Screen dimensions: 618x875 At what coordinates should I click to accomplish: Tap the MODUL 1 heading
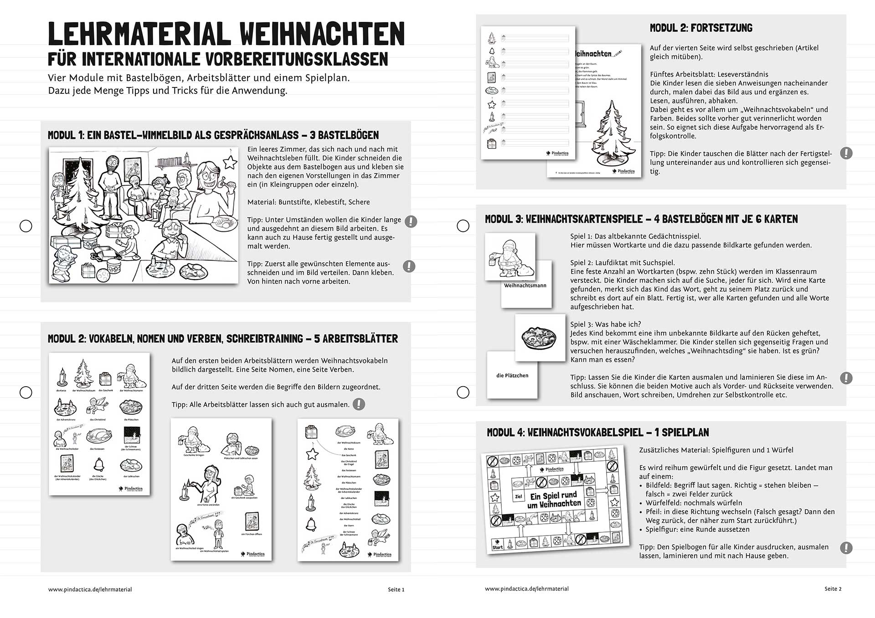pyautogui.click(x=213, y=135)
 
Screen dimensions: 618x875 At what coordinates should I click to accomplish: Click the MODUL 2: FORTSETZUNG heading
pyautogui.click(x=701, y=28)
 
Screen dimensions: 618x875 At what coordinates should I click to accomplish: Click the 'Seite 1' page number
pyautogui.click(x=396, y=589)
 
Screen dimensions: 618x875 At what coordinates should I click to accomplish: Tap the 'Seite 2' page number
pyautogui.click(x=833, y=589)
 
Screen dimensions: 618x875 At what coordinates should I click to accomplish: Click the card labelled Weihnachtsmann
pyautogui.click(x=525, y=286)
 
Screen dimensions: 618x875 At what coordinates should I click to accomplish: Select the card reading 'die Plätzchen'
pyautogui.click(x=512, y=375)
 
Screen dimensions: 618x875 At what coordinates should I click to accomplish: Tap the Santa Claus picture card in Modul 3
pyautogui.click(x=510, y=256)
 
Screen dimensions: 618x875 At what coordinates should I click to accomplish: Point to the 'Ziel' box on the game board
pyautogui.click(x=518, y=497)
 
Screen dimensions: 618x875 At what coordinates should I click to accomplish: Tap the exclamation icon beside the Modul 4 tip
pyautogui.click(x=846, y=548)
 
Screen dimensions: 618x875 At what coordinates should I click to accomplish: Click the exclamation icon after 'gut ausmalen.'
pyautogui.click(x=359, y=404)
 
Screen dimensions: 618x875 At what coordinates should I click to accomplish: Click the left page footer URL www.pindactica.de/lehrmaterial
pyautogui.click(x=90, y=589)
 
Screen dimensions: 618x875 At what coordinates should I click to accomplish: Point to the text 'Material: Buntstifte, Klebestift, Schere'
pyautogui.click(x=309, y=202)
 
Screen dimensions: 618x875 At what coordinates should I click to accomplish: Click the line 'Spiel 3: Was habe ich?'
pyautogui.click(x=606, y=324)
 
